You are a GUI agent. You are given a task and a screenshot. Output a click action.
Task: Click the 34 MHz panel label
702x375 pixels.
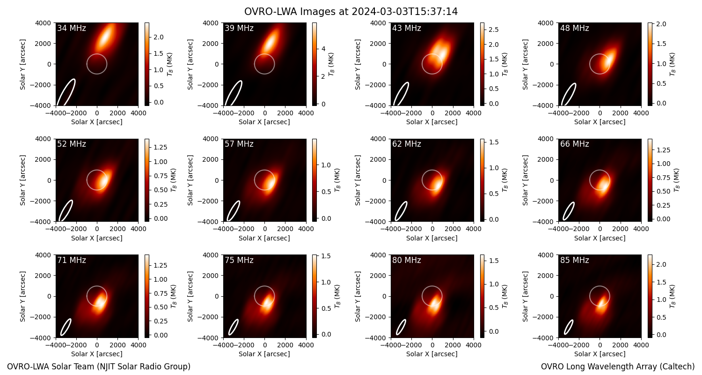72,28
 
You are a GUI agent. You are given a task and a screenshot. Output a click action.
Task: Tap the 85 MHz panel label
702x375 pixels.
574,260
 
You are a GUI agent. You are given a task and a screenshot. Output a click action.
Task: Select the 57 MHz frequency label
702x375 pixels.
239,144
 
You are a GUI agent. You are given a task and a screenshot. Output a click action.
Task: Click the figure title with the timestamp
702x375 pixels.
351,12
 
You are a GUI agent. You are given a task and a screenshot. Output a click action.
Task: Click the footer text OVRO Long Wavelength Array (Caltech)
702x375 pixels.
618,367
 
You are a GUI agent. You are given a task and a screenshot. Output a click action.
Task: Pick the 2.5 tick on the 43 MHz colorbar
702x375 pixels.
494,30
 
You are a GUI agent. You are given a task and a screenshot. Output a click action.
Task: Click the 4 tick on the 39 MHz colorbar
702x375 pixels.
323,49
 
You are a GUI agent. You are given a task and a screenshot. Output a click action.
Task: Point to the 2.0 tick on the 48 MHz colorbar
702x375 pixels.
661,24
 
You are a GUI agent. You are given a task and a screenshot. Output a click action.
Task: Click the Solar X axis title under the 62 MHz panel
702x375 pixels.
432,238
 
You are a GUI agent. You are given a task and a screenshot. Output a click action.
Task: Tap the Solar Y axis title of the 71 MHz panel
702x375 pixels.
22,297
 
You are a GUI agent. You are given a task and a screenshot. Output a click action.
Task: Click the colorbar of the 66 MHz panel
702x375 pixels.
650,180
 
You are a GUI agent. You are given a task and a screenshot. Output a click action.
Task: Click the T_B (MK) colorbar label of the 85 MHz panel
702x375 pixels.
673,297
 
